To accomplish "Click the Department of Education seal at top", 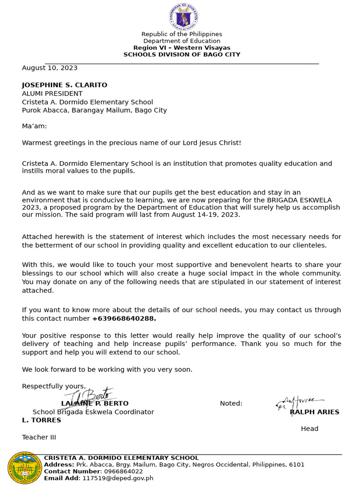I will (x=183, y=17).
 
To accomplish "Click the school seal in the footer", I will (x=25, y=468).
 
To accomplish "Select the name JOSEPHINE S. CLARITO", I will (x=64, y=85).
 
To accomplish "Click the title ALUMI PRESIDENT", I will (x=52, y=93).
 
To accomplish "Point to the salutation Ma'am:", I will (x=34, y=126).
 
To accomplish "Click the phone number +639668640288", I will (x=124, y=318).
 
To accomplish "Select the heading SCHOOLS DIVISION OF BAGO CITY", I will (x=182, y=55).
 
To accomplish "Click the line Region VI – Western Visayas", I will (x=182, y=48).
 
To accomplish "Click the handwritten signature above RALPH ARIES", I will (x=299, y=402).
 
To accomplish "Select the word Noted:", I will (x=231, y=403).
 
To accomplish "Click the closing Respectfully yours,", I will (x=54, y=386).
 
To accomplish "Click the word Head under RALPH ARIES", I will (x=309, y=429).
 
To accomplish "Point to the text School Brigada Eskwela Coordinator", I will (x=93, y=412).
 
